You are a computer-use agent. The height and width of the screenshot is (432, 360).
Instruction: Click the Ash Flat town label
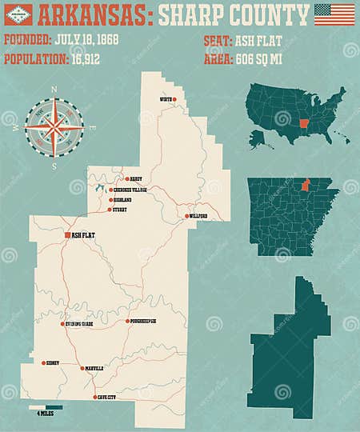[82, 235]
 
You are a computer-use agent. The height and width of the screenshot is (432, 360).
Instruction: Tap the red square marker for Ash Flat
[67, 235]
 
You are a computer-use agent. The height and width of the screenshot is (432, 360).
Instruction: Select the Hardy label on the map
[135, 179]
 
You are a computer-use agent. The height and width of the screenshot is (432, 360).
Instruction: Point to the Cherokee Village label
[133, 190]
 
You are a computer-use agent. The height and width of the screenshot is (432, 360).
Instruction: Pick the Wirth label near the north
[166, 99]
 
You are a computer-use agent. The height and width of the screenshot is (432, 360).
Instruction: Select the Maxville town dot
[81, 369]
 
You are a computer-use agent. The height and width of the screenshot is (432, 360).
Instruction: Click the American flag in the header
[334, 14]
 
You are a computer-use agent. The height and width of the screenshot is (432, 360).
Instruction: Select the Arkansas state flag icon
[17, 14]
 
